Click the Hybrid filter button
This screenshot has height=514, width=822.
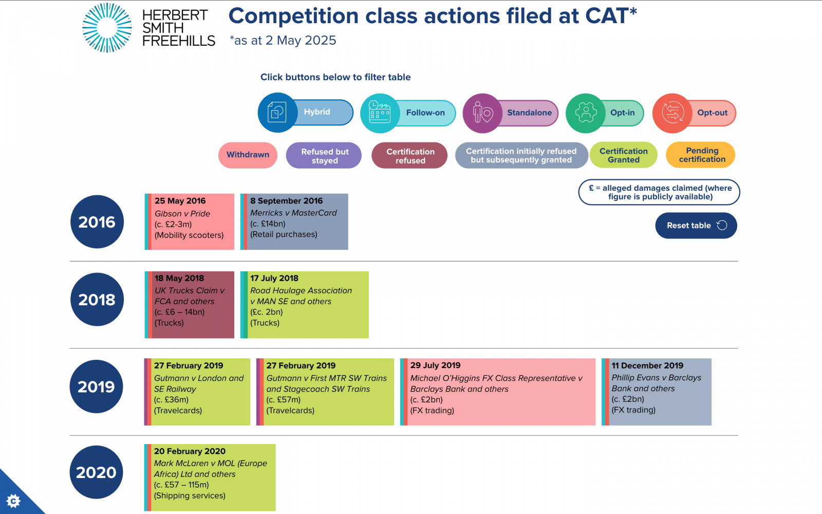point(305,113)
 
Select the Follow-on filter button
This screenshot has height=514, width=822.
point(408,113)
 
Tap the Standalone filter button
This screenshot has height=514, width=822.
point(511,113)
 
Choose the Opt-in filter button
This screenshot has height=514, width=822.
point(605,113)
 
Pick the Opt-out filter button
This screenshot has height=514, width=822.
point(694,113)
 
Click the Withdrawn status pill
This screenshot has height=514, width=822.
point(248,155)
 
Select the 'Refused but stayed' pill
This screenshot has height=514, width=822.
point(324,156)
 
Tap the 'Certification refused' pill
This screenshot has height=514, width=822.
point(409,156)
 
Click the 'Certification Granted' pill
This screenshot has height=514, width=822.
point(624,155)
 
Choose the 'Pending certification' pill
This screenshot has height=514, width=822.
point(701,155)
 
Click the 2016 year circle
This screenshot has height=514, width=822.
point(97,222)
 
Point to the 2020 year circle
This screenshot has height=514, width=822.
point(96,472)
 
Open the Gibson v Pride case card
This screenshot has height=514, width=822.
point(190,222)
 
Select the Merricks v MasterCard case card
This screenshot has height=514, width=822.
point(294,222)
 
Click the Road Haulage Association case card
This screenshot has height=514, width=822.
point(305,305)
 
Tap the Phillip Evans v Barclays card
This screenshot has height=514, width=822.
point(657,392)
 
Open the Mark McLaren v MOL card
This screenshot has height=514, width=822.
point(210,478)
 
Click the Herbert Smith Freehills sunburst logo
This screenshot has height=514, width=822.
point(107,28)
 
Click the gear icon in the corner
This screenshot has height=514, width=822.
point(13,501)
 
